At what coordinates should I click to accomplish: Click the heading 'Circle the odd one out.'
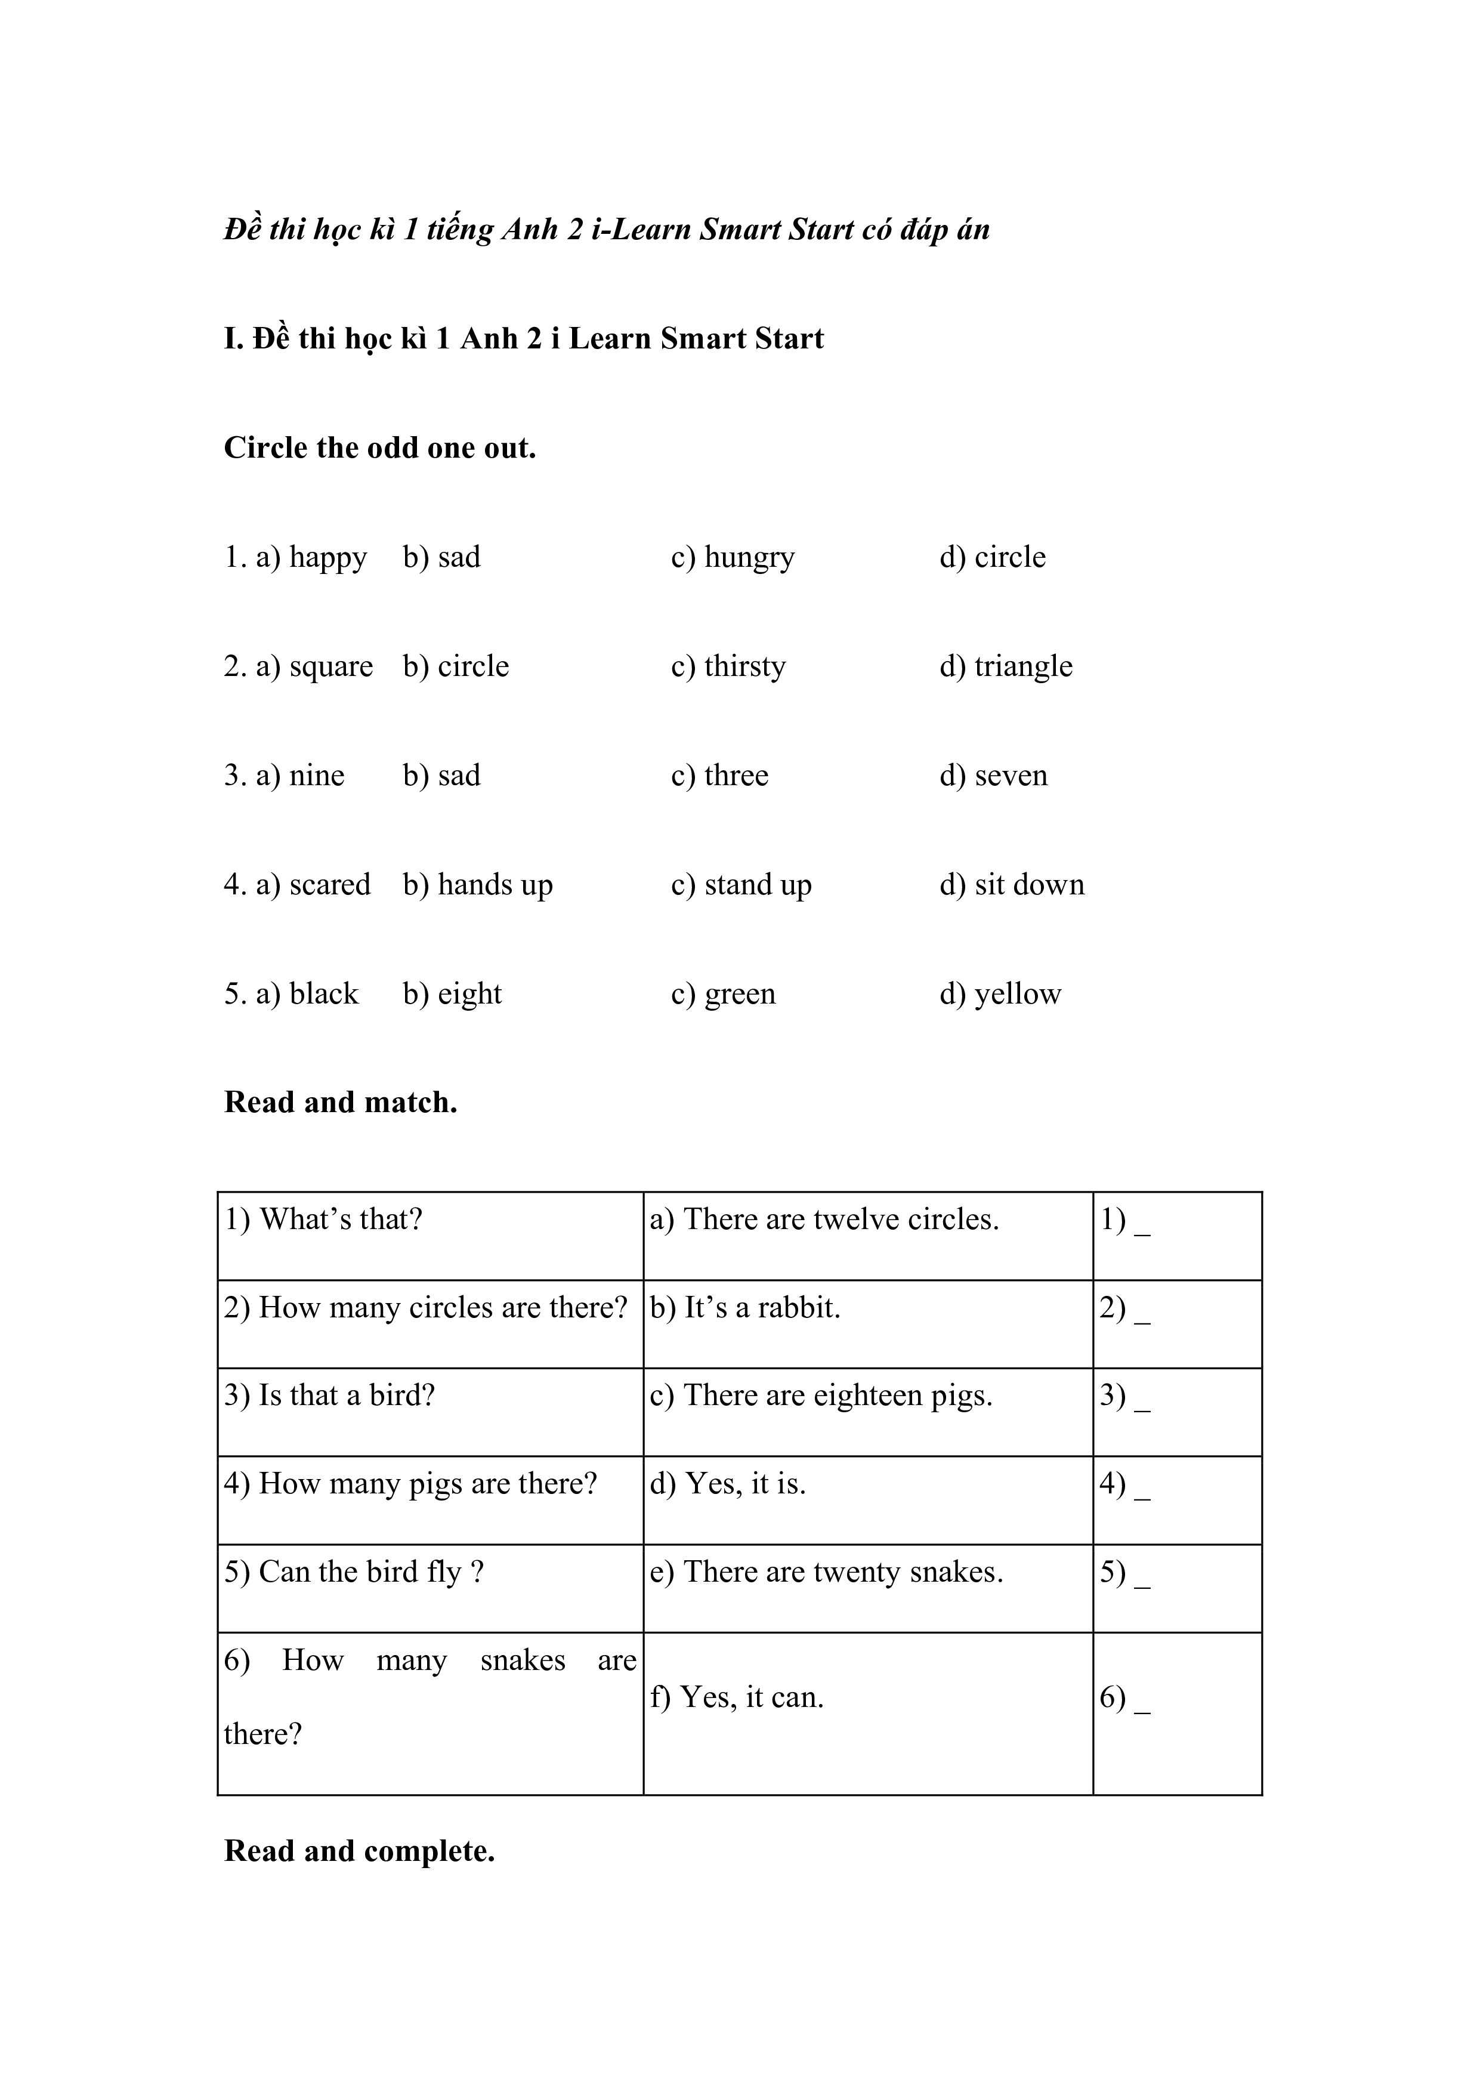[x=379, y=447]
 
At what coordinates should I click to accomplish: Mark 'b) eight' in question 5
[x=452, y=993]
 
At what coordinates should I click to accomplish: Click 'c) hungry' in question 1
[x=732, y=557]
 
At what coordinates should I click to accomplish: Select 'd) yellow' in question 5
[x=1000, y=993]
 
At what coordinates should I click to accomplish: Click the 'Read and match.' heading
[x=340, y=1102]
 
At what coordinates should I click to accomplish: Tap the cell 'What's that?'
[x=323, y=1220]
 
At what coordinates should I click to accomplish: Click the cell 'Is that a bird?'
[x=329, y=1396]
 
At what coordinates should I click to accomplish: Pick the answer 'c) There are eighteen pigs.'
[x=820, y=1396]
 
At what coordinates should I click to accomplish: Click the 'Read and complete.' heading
[x=359, y=1851]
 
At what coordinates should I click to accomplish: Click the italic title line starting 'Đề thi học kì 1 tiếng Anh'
[x=606, y=229]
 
